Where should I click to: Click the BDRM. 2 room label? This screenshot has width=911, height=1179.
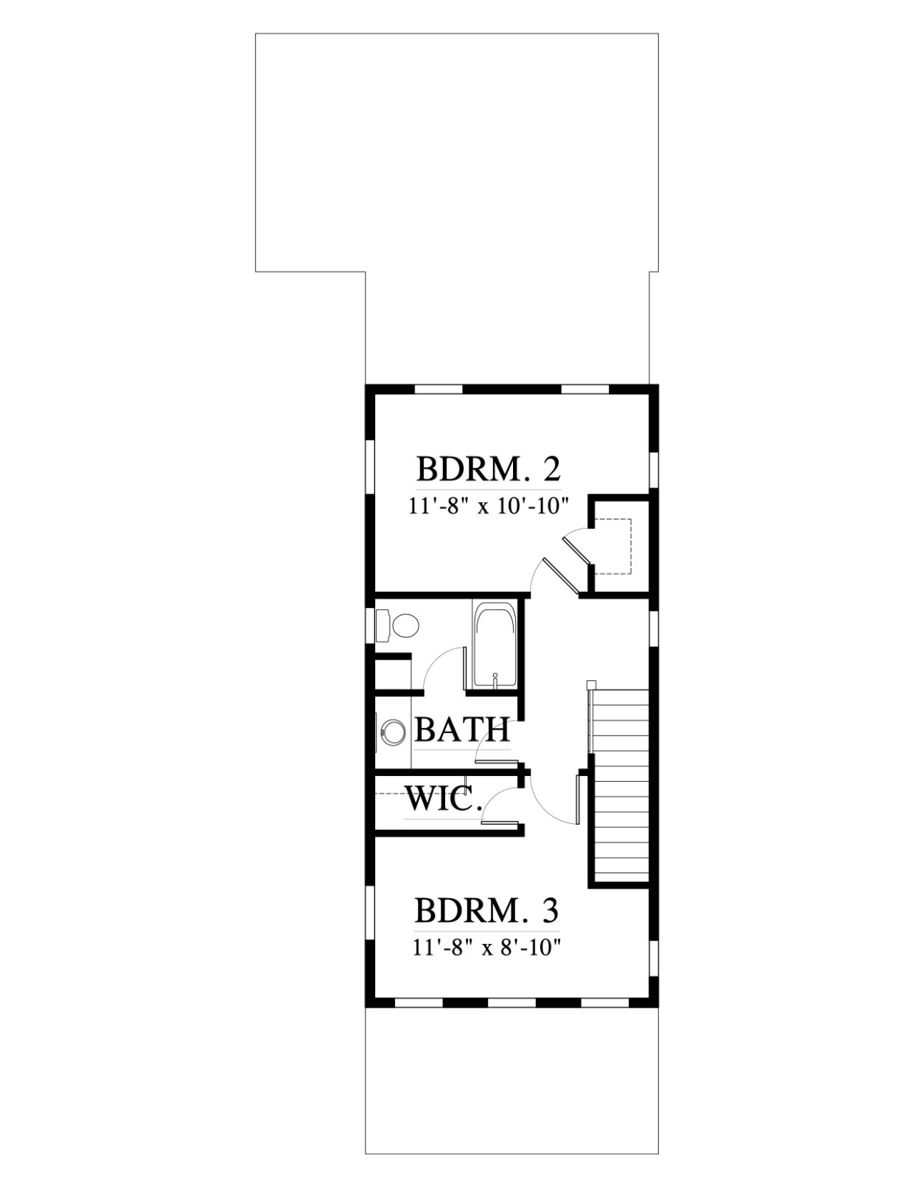coord(489,470)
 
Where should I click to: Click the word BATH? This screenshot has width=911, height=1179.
coord(462,730)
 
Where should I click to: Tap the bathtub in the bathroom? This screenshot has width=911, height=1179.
coord(493,646)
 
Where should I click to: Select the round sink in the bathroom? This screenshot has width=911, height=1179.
coord(392,731)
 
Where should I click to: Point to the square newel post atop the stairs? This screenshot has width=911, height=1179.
coord(591,684)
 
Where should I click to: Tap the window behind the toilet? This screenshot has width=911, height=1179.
coord(371,626)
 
